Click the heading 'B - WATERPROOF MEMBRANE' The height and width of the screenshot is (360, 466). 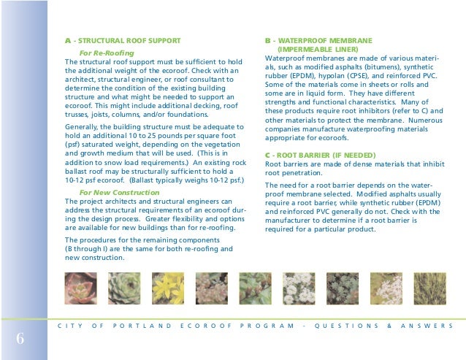click(x=318, y=39)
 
